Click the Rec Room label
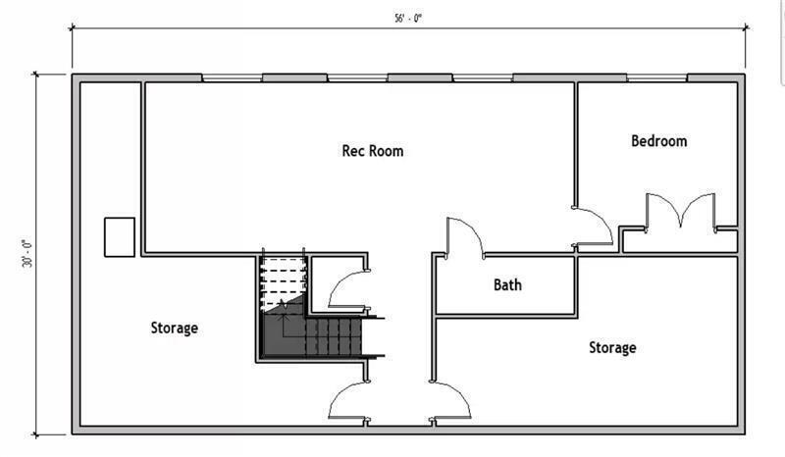tap(372, 151)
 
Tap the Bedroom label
tap(658, 141)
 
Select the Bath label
tap(507, 285)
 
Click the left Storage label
tap(174, 328)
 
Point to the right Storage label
tap(612, 347)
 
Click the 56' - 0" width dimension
tap(403, 18)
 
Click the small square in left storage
tap(119, 236)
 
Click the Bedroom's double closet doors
tap(678, 212)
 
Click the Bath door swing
tap(463, 238)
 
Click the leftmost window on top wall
tap(231, 77)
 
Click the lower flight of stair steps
tap(334, 338)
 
